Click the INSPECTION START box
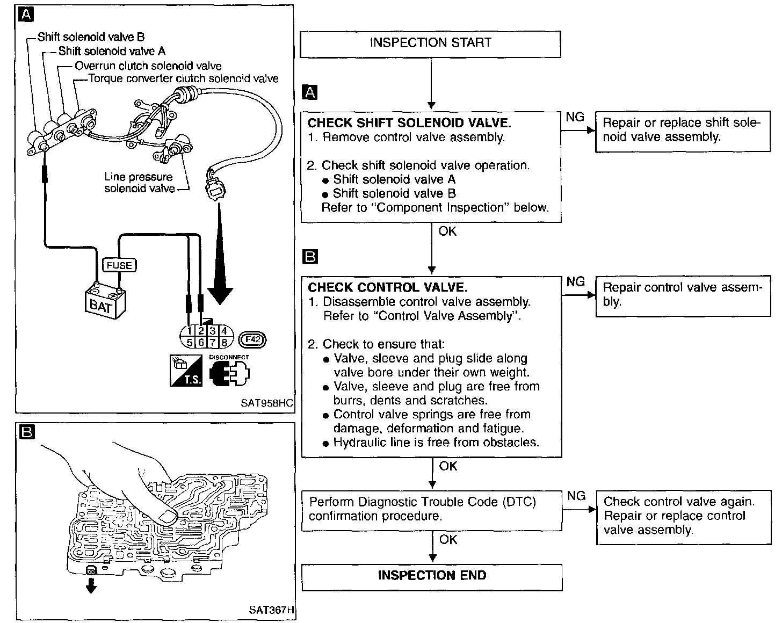430,44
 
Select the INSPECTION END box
432,576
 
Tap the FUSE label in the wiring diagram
119,265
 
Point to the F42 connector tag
252,339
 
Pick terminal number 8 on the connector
225,342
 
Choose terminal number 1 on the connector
189,331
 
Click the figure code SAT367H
272,611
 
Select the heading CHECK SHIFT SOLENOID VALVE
409,122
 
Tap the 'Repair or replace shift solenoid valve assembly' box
681,130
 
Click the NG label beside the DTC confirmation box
576,496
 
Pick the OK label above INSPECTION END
448,540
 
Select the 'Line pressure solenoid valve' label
139,183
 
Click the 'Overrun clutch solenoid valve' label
148,66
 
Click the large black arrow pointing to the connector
220,258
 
